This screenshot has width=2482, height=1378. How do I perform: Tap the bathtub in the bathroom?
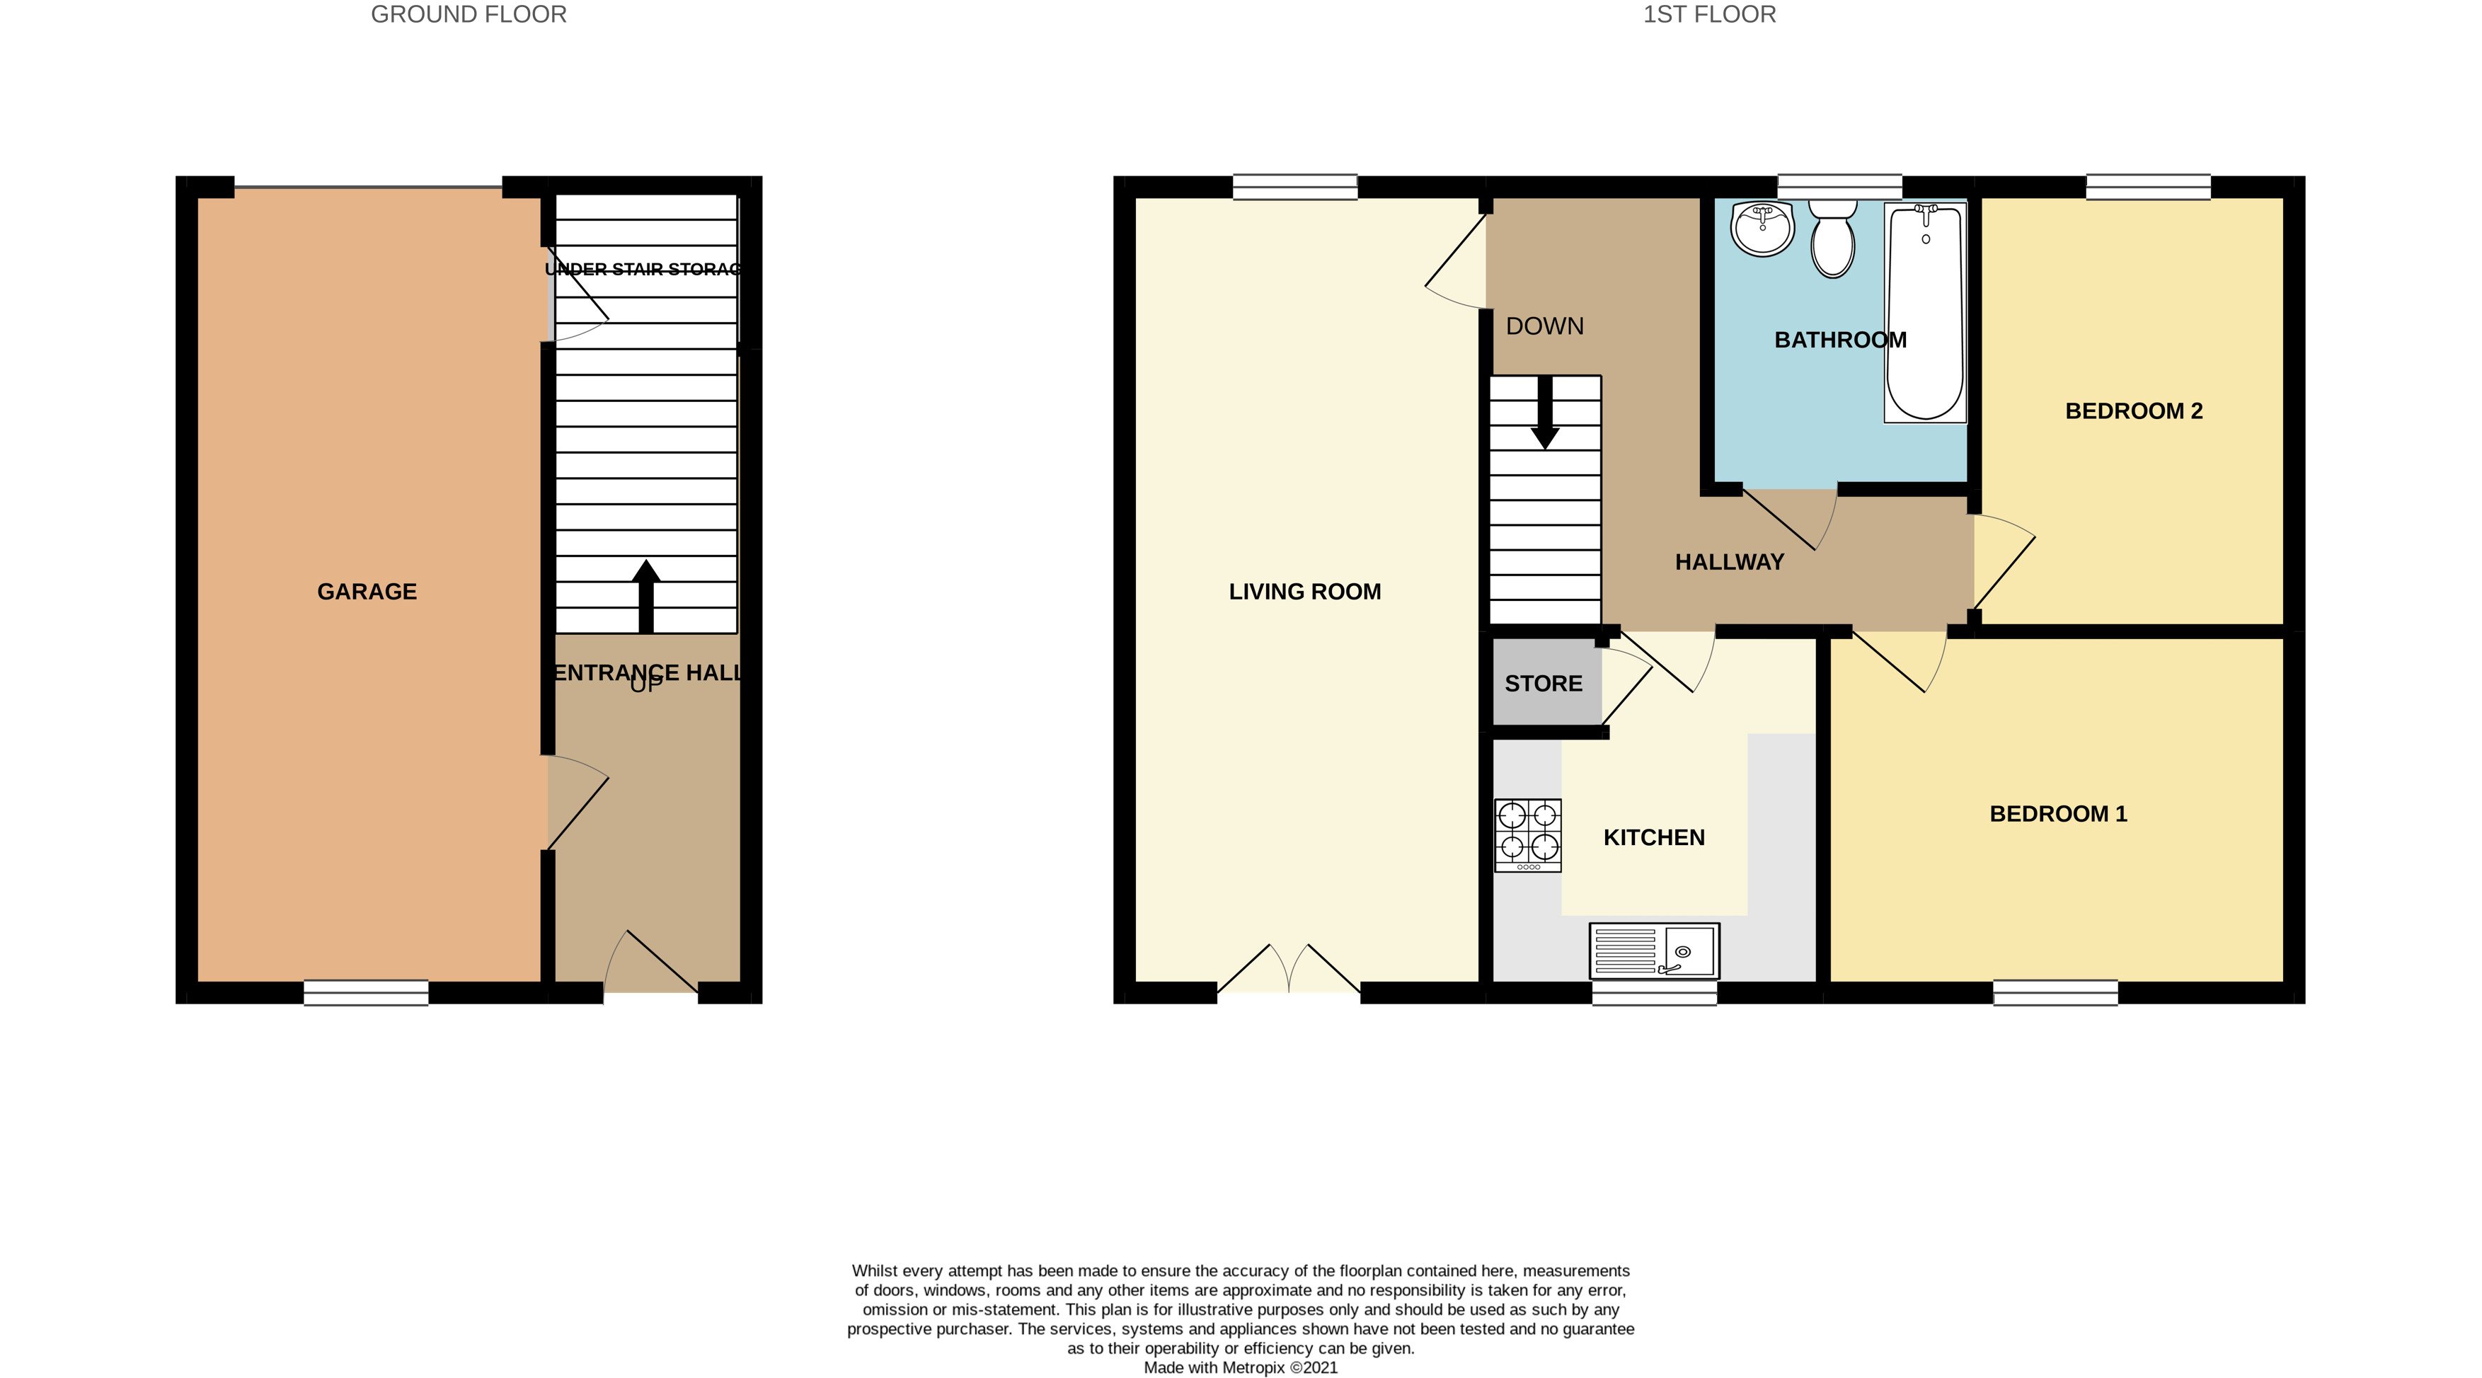tap(1924, 313)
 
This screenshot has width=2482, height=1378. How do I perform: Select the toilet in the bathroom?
tap(1832, 239)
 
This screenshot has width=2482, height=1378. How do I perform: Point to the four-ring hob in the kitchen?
tap(1528, 835)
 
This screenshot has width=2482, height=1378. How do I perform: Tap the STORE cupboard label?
tap(1544, 683)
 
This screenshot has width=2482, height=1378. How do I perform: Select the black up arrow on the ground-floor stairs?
tap(645, 595)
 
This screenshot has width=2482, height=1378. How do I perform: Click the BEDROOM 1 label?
tap(2058, 814)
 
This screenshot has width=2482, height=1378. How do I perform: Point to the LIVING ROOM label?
tap(1304, 592)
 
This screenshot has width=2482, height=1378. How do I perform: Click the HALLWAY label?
tap(1730, 563)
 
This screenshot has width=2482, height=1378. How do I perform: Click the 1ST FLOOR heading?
tap(1709, 14)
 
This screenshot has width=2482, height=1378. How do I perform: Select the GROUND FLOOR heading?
tap(469, 14)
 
